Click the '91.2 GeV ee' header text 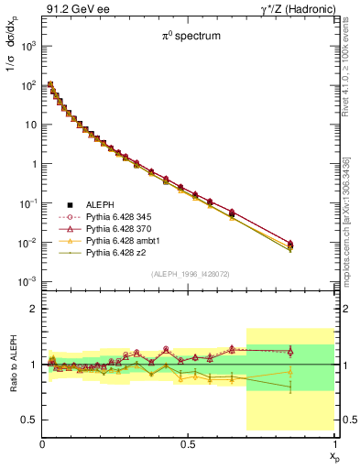(x=71, y=10)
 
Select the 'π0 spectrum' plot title (x=188, y=38)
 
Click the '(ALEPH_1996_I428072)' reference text (x=188, y=274)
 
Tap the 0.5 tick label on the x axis (x=188, y=442)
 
